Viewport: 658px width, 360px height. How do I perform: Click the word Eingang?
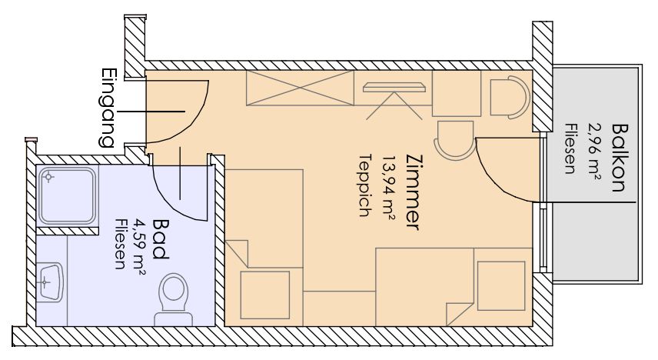click(108, 108)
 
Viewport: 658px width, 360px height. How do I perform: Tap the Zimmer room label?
click(413, 193)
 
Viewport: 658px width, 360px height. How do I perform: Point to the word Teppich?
click(366, 185)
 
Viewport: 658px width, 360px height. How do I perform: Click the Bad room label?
click(161, 238)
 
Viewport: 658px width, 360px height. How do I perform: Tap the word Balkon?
click(620, 158)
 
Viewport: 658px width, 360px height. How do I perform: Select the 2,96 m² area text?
click(593, 152)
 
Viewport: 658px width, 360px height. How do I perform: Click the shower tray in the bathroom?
click(68, 195)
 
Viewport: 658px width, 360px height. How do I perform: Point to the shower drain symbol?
click(49, 177)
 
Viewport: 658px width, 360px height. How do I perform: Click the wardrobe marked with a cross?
click(300, 88)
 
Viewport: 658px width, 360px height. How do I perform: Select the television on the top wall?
click(394, 88)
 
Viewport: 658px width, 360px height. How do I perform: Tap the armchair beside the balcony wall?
click(510, 97)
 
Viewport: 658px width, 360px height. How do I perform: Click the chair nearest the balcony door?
click(455, 140)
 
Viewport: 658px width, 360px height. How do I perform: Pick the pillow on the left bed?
click(264, 295)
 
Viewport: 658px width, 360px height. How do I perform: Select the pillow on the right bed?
click(501, 286)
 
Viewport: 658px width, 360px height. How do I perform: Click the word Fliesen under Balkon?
click(570, 148)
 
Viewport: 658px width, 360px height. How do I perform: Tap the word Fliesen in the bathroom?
click(121, 244)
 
